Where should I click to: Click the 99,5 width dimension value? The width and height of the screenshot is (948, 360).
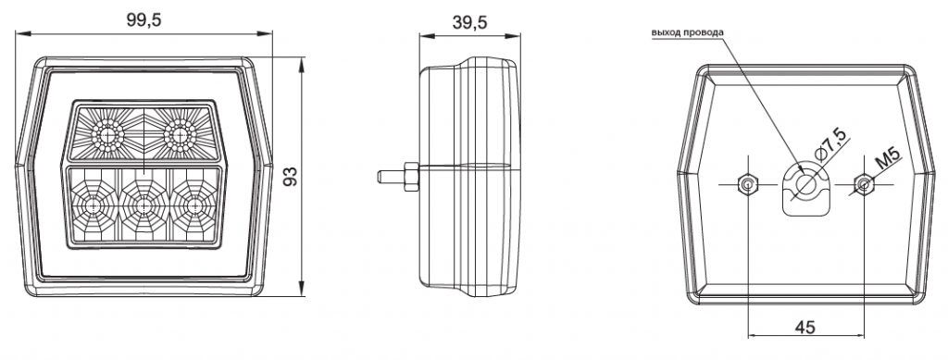click(x=143, y=20)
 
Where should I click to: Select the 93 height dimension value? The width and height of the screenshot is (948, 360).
click(x=291, y=177)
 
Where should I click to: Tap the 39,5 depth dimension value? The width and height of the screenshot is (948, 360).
click(x=469, y=22)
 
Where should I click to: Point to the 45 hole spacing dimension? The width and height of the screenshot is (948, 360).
click(x=805, y=327)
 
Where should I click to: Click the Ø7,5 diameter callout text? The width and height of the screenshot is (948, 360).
click(x=831, y=144)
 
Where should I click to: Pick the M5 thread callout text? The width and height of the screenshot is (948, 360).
click(x=888, y=159)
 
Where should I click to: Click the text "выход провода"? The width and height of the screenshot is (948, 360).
click(x=687, y=32)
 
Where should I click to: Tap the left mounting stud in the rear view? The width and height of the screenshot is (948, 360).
click(x=748, y=183)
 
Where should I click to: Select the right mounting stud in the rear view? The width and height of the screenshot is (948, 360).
click(x=864, y=183)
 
